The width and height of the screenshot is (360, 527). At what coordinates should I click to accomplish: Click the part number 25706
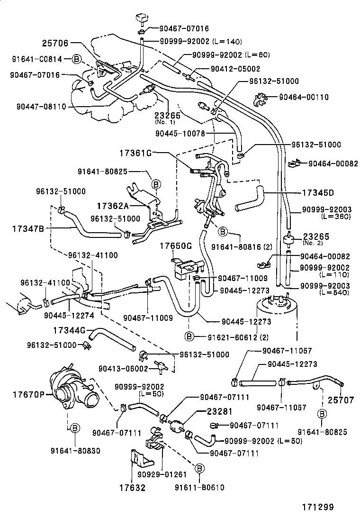[55, 43]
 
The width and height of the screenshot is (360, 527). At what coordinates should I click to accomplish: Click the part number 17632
[132, 487]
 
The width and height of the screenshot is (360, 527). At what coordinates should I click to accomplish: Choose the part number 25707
[341, 400]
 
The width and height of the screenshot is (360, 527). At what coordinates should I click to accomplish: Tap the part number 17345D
[318, 192]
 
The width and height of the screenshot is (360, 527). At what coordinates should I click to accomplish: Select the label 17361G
[136, 153]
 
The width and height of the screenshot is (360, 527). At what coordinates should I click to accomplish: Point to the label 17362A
[113, 206]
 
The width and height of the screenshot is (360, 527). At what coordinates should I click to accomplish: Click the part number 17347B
[28, 228]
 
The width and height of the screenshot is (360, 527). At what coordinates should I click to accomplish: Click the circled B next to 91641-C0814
[77, 59]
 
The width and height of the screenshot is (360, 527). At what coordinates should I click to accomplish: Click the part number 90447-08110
[40, 106]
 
